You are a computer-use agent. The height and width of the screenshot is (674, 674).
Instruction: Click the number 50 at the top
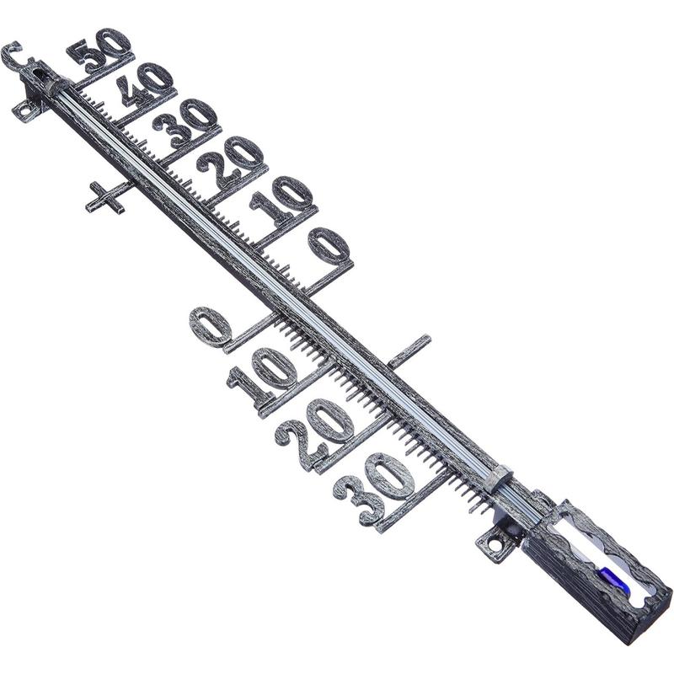(x=99, y=50)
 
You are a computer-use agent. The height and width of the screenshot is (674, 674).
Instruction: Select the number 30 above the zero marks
(x=185, y=122)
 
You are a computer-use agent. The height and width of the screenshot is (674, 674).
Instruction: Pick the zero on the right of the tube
(x=328, y=245)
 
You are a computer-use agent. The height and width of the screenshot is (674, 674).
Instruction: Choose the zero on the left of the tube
(x=210, y=326)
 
